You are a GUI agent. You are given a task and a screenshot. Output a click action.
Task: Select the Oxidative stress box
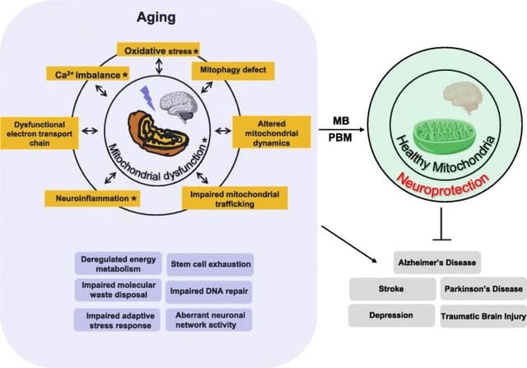(x=163, y=51)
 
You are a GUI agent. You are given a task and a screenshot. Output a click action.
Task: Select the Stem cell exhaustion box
(x=210, y=263)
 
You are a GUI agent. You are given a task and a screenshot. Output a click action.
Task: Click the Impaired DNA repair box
(x=210, y=291)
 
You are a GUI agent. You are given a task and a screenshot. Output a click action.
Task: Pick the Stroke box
(x=391, y=289)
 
